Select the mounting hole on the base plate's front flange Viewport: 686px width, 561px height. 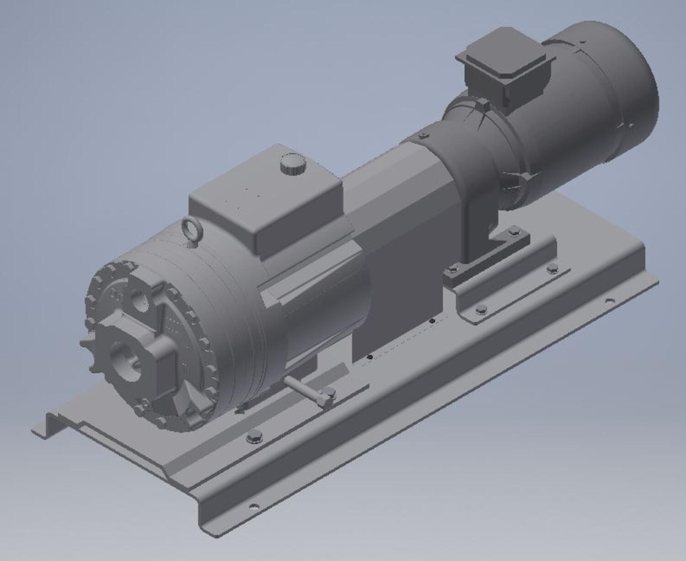pyautogui.click(x=253, y=506)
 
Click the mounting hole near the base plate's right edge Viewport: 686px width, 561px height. pyautogui.click(x=609, y=301)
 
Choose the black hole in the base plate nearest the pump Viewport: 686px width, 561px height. pyautogui.click(x=370, y=356)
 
